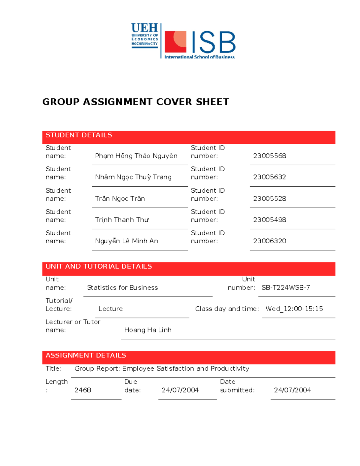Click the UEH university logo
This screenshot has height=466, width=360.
pyautogui.click(x=145, y=35)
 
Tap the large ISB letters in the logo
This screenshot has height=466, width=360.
pyautogui.click(x=213, y=42)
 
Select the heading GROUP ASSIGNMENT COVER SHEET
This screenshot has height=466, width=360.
pyautogui.click(x=136, y=102)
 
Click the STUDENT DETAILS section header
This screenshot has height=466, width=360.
pyautogui.click(x=79, y=135)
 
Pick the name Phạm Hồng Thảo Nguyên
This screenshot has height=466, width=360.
pyautogui.click(x=136, y=156)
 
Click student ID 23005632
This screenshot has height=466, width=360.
pyautogui.click(x=269, y=177)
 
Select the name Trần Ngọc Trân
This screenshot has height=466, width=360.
pyautogui.click(x=120, y=199)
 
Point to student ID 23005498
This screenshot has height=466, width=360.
pyautogui.click(x=269, y=220)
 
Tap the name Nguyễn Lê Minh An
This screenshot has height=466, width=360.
pyautogui.click(x=126, y=241)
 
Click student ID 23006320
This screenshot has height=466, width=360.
pyautogui.click(x=269, y=241)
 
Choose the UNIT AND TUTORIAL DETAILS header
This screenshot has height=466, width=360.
pyautogui.click(x=99, y=266)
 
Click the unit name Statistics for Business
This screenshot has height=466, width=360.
pyautogui.click(x=122, y=287)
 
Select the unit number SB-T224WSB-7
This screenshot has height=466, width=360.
pyautogui.click(x=286, y=287)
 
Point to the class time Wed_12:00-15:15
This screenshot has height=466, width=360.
pyautogui.click(x=294, y=309)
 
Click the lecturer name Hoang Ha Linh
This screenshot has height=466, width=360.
pyautogui.click(x=148, y=330)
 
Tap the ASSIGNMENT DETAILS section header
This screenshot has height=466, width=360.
pyautogui.click(x=86, y=356)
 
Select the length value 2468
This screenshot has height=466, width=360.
pyautogui.click(x=82, y=390)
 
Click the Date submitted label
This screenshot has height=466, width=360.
pyautogui.click(x=237, y=386)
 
